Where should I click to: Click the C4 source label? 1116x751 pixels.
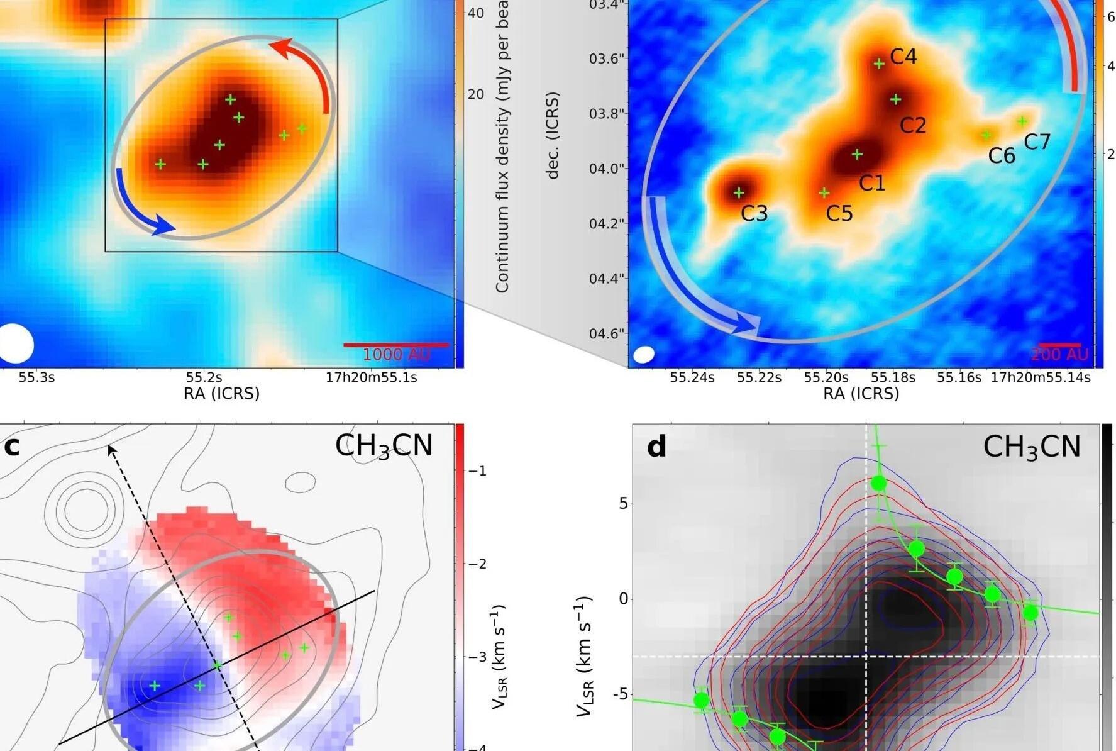tap(903, 57)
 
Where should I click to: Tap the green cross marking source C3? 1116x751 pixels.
tap(739, 192)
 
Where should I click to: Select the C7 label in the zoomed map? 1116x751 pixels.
tap(1037, 142)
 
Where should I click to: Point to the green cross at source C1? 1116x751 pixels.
tap(857, 154)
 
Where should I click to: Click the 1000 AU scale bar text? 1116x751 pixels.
tap(396, 355)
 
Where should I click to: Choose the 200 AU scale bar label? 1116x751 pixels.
tap(1059, 355)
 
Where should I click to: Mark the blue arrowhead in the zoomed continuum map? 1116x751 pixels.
tap(748, 323)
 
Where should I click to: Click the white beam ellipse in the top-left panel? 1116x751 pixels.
tap(15, 343)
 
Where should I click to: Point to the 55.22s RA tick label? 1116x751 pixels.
tap(759, 377)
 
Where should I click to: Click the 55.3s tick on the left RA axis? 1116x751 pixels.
tap(36, 377)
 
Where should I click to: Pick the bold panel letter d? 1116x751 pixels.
tap(656, 447)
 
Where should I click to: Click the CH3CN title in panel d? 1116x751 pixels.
tap(1031, 447)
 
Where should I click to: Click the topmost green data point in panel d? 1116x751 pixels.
tap(878, 483)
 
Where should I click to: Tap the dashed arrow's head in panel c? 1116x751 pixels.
tap(111, 448)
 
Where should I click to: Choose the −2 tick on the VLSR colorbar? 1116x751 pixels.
tap(478, 564)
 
